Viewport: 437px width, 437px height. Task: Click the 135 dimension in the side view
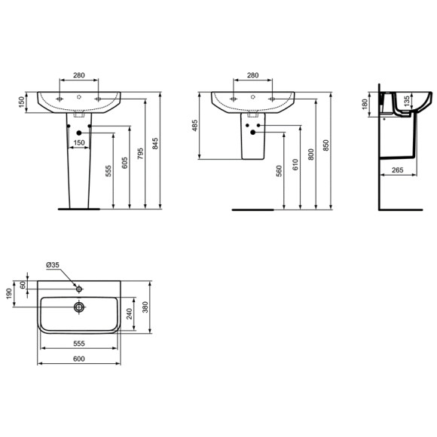point(408,99)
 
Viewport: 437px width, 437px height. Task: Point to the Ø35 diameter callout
point(53,264)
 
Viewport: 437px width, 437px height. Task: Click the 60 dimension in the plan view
point(23,285)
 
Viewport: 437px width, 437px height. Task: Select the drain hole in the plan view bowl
point(78,307)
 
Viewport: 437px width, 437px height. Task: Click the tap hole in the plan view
point(78,287)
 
